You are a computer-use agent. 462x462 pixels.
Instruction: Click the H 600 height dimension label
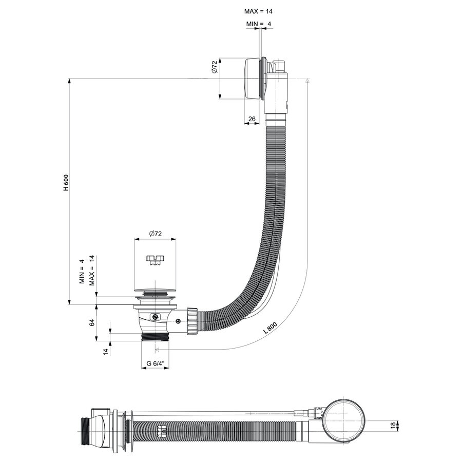[x=66, y=183]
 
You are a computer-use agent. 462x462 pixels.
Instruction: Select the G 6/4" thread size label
[x=155, y=363]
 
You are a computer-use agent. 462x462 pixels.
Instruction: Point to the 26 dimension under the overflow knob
[x=252, y=120]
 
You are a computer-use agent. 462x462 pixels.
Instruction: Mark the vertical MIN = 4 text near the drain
[x=82, y=271]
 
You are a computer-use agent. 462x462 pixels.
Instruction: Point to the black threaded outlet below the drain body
[x=155, y=337]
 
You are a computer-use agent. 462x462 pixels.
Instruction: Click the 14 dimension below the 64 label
[x=106, y=352]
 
